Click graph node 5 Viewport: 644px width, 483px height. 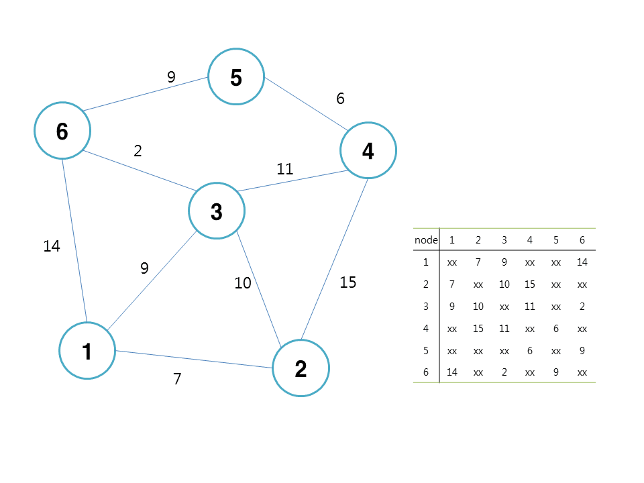236,76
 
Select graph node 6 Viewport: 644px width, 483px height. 62,131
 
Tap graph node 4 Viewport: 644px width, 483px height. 368,150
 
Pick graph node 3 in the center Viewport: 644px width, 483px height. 217,211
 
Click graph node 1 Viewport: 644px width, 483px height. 87,351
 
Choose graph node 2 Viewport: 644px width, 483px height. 301,368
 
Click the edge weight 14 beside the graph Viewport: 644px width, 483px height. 52,246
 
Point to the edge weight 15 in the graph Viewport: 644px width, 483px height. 348,282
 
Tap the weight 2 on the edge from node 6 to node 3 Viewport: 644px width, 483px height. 138,151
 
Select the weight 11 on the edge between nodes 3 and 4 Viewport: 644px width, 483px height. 285,169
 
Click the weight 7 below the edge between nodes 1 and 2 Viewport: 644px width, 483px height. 177,378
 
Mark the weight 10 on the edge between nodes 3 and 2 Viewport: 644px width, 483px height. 243,283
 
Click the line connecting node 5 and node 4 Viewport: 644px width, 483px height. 307,105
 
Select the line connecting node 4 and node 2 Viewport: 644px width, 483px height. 334,259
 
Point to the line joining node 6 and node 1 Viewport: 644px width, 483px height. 74,241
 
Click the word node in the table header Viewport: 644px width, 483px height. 426,240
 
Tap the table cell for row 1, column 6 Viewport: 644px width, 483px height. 582,262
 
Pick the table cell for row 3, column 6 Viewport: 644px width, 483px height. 582,307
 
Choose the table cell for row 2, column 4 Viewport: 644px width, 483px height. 530,284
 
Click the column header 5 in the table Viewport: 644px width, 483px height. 555,240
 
